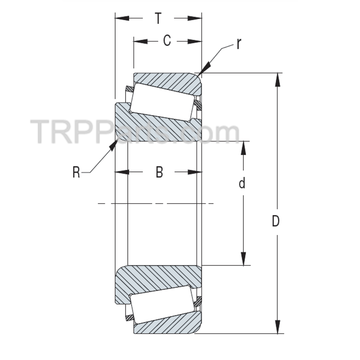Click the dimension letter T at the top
[x=158, y=18]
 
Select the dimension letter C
[x=166, y=41]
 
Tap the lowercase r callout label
[x=239, y=44]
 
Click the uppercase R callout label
[x=76, y=172]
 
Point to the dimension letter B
[x=159, y=172]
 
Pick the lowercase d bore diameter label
[x=242, y=184]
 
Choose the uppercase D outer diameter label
[x=276, y=221]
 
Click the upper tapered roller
[x=162, y=102]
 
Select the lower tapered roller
[x=162, y=305]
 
